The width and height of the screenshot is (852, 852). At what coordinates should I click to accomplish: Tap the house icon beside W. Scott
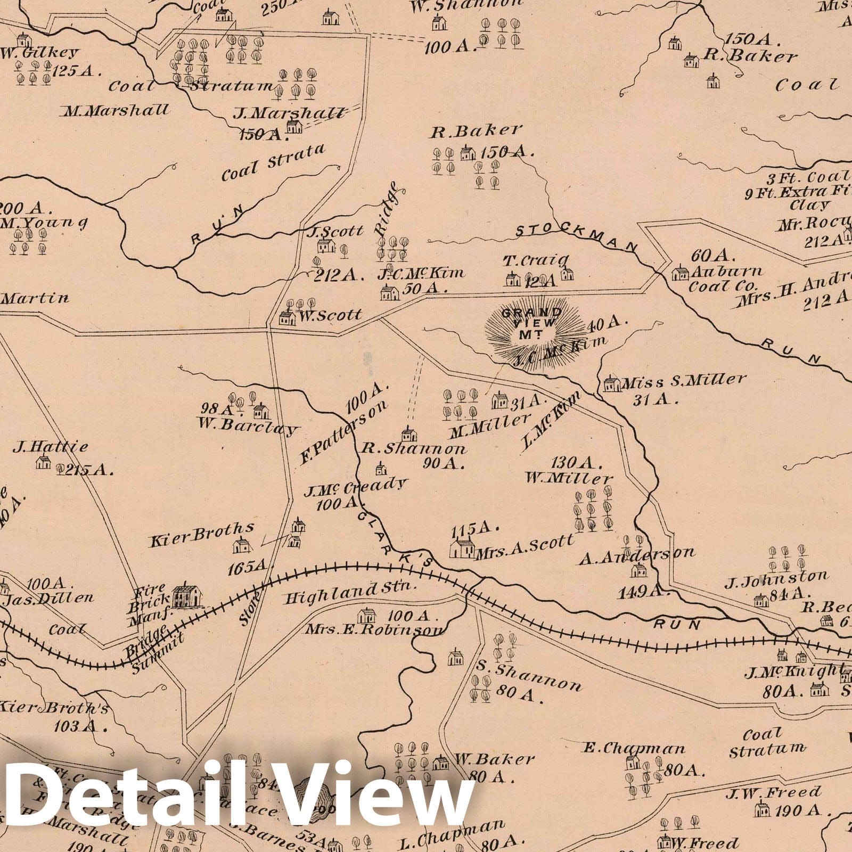pos(287,317)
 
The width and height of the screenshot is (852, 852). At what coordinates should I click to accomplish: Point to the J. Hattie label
pos(51,447)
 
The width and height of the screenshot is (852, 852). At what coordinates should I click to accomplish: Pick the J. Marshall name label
pos(289,113)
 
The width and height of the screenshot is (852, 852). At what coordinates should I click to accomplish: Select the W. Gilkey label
pos(40,53)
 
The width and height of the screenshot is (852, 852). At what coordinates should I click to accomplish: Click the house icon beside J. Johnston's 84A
pos(761,601)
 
